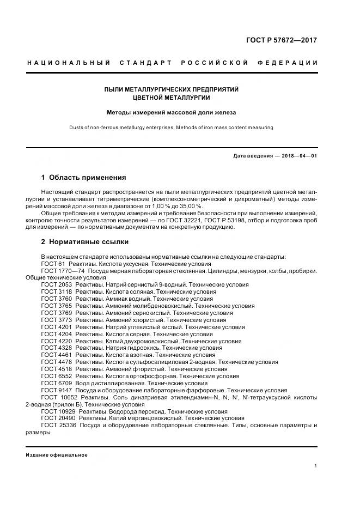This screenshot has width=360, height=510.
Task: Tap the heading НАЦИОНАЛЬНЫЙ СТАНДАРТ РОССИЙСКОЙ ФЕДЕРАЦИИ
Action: [x=172, y=63]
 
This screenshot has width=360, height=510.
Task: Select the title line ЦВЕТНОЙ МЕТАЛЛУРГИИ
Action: [x=172, y=98]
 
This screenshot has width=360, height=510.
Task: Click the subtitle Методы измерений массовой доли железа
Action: [x=172, y=113]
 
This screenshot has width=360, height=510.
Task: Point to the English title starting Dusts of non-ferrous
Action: [x=172, y=127]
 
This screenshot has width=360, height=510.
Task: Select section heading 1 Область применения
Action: [x=84, y=178]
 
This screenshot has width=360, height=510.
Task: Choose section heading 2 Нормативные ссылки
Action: [x=85, y=241]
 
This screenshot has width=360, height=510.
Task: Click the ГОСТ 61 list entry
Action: [x=53, y=264]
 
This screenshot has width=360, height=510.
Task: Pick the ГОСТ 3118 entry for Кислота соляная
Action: [x=56, y=292]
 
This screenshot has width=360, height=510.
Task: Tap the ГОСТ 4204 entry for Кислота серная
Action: [x=56, y=334]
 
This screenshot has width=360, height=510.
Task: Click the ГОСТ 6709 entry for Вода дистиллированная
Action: [x=56, y=384]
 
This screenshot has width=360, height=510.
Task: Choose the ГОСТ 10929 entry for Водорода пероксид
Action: [x=58, y=411]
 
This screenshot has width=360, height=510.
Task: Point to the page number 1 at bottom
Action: [x=316, y=466]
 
